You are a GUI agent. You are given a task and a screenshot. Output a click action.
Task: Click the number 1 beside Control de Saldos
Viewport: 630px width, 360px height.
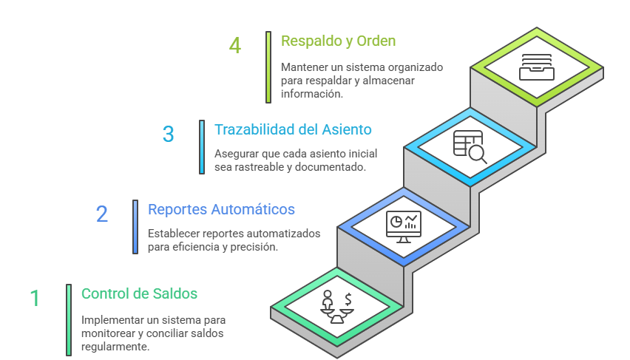pos(35,298)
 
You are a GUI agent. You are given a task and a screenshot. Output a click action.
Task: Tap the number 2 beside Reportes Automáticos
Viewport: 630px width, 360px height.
pos(101,214)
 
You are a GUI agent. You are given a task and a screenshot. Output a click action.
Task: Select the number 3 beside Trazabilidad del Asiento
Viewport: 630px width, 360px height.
pos(168,134)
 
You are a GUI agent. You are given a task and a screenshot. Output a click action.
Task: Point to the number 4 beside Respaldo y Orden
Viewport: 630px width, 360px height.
pos(234,46)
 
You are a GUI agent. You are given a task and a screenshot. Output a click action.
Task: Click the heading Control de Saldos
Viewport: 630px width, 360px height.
pos(139,293)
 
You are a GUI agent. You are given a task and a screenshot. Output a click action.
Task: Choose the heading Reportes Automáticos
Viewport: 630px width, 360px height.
pos(221,209)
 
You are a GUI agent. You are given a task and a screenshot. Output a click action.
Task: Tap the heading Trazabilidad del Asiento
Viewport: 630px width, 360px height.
pos(293,129)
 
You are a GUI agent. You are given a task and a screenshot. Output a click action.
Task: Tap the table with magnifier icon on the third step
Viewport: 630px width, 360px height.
pos(470,146)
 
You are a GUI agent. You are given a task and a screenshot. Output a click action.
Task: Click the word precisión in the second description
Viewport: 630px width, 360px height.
pos(255,247)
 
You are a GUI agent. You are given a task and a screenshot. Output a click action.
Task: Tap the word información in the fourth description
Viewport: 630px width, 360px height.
pos(311,94)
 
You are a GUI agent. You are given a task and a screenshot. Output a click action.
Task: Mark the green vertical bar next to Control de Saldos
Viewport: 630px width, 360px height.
pos(68,320)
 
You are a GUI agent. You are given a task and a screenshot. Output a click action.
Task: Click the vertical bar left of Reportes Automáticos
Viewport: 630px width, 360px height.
pos(135,227)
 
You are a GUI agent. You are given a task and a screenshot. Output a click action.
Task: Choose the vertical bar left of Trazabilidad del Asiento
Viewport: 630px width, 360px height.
pos(201,147)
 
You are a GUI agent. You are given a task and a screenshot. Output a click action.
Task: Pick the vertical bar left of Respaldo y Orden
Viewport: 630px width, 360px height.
pos(268,67)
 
